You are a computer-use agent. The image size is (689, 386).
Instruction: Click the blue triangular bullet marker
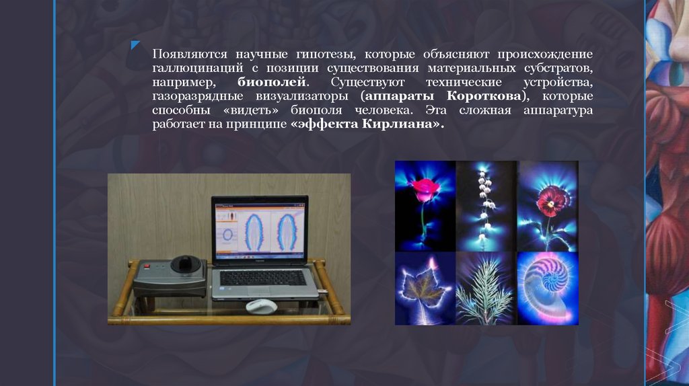[136, 46]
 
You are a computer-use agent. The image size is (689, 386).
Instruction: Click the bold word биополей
[273, 82]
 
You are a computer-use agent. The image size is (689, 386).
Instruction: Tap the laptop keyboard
[262, 277]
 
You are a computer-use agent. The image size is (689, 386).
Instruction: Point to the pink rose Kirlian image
[425, 205]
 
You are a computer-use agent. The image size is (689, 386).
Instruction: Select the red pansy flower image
[548, 205]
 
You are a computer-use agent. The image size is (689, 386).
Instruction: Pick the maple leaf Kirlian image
[425, 288]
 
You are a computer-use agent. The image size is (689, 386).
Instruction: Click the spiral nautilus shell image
[548, 288]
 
